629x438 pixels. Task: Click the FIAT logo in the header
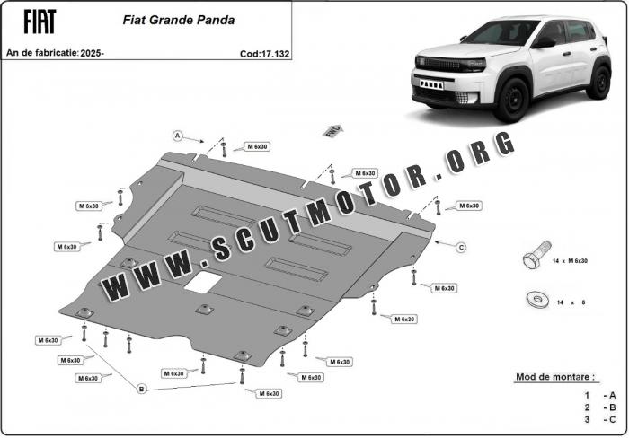pos(40,22)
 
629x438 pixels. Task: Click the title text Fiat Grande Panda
pos(179,20)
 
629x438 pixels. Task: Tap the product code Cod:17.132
pos(264,54)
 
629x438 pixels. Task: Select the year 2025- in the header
pos(93,53)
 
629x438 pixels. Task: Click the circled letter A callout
pos(177,136)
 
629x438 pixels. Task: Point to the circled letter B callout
pos(141,389)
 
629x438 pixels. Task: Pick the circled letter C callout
pos(461,247)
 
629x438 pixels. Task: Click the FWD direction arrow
pos(333,131)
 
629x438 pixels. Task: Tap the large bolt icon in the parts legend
pos(536,255)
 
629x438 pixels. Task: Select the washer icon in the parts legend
pos(537,300)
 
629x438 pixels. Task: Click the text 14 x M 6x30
pos(570,261)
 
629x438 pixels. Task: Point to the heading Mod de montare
pos(554,377)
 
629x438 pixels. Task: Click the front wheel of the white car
pos(510,100)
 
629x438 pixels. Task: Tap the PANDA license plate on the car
pos(431,84)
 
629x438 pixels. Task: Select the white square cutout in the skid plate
pos(203,282)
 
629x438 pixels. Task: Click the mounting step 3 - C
pos(599,419)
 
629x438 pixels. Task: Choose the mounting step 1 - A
pos(599,396)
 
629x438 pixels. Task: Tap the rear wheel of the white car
pos(599,82)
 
